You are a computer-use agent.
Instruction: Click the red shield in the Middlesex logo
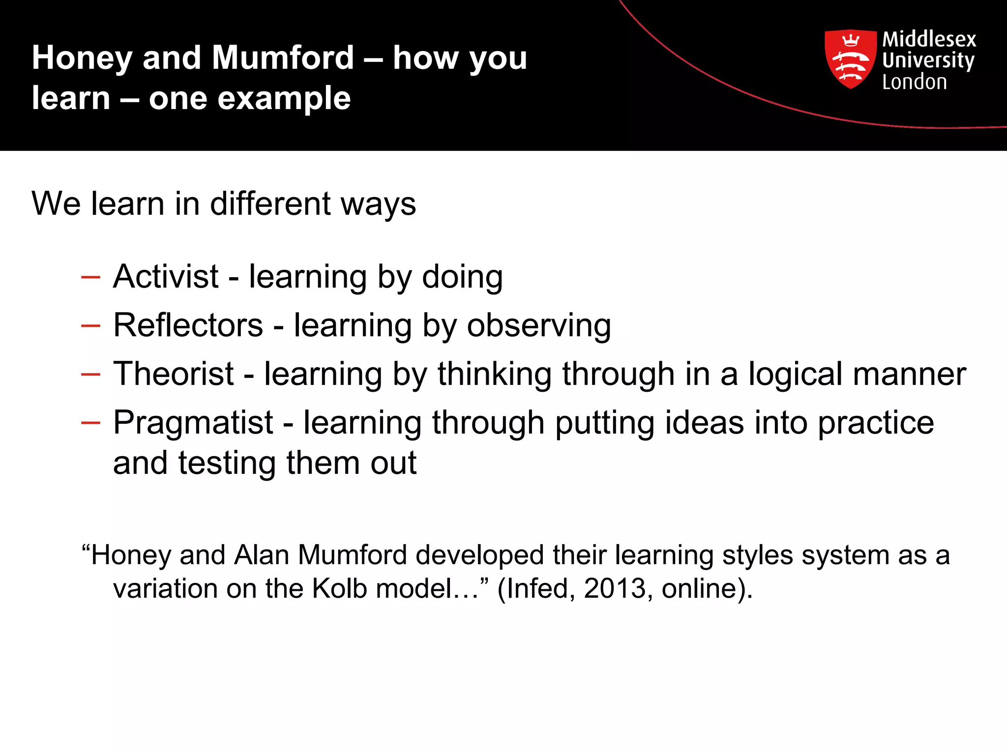[850, 58]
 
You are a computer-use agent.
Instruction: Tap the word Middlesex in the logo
[929, 39]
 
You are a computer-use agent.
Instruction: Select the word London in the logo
[914, 82]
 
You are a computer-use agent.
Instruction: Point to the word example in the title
[284, 98]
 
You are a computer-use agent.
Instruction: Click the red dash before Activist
[90, 278]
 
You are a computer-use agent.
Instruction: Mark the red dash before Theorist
[90, 375]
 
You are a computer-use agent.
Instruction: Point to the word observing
[539, 326]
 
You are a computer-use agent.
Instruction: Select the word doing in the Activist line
[462, 277]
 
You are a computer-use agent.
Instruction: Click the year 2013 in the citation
[615, 588]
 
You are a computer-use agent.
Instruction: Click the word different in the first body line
[270, 203]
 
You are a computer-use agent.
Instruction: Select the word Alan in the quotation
[262, 555]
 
